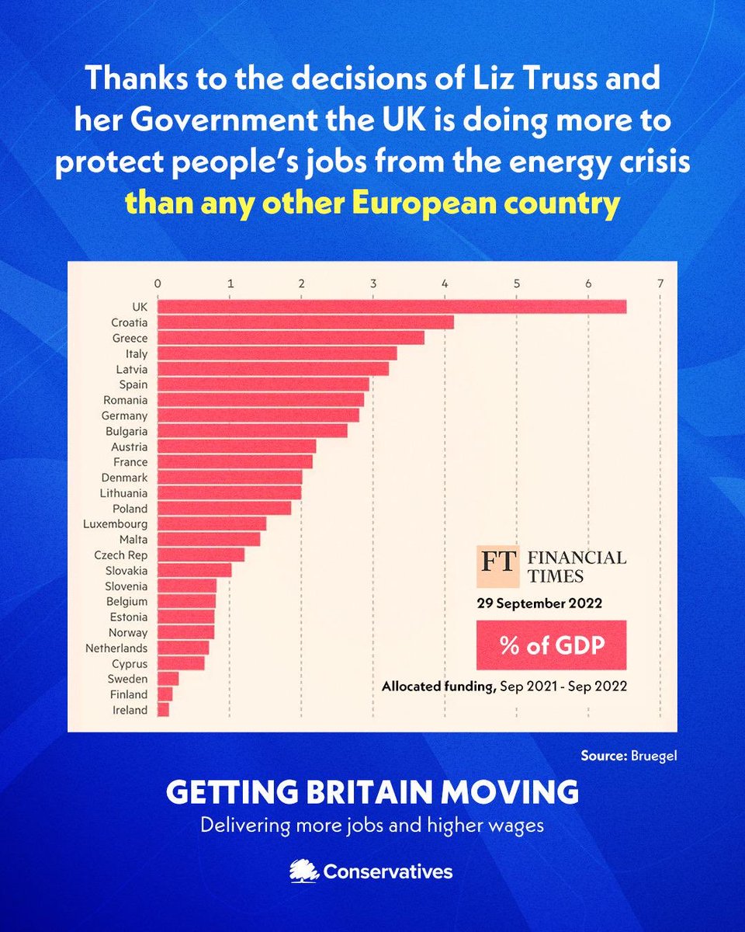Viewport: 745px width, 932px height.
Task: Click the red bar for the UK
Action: (x=392, y=307)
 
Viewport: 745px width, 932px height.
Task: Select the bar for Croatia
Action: (x=306, y=322)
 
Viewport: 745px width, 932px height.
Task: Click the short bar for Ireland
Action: (x=163, y=710)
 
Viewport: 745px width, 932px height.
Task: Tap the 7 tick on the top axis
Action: (x=660, y=283)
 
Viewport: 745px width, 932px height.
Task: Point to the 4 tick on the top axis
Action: (x=445, y=283)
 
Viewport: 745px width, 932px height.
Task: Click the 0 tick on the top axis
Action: (x=158, y=283)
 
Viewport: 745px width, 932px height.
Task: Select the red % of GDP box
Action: (x=552, y=644)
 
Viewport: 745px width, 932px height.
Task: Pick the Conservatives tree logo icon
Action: (x=303, y=871)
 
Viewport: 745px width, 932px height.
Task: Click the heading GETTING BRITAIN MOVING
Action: (x=372, y=793)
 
